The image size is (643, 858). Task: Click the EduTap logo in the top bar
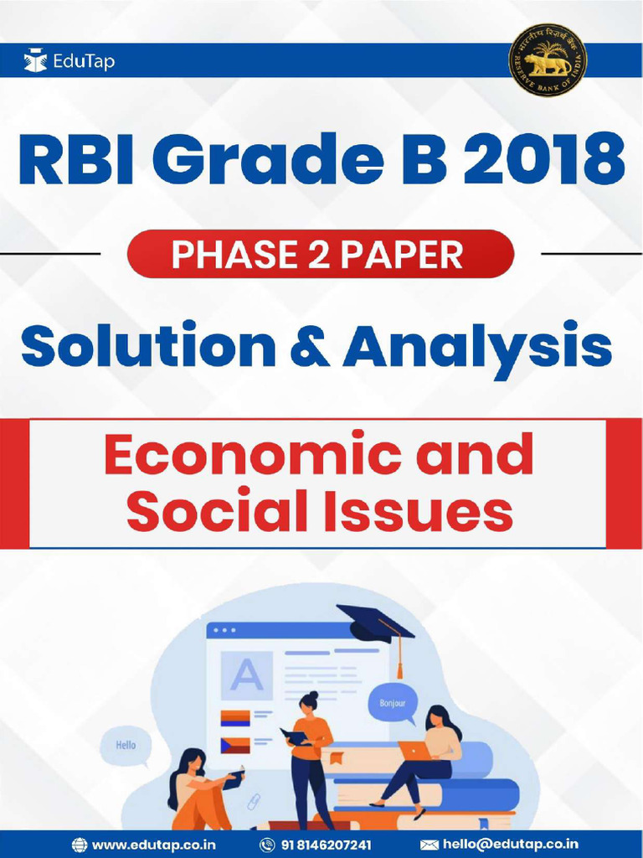click(x=62, y=60)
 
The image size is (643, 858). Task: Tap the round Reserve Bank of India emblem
click(x=548, y=60)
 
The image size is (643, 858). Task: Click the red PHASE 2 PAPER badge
click(x=321, y=254)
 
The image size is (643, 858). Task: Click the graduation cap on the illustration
click(x=376, y=624)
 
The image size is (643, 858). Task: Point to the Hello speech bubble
click(x=126, y=744)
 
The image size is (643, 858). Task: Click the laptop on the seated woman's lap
click(x=414, y=750)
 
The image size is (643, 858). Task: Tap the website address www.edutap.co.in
click(x=153, y=845)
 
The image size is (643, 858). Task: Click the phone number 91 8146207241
click(x=326, y=845)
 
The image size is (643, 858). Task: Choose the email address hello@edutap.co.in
click(x=510, y=845)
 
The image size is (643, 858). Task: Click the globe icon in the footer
click(x=80, y=845)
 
